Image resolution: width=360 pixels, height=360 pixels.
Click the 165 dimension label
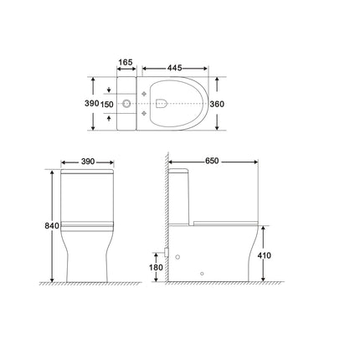click(126, 62)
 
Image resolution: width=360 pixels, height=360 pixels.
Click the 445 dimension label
click(175, 68)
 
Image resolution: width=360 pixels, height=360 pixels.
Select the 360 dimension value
click(217, 104)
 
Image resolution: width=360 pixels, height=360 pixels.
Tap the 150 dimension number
click(107, 105)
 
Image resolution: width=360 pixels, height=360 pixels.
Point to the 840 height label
click(52, 225)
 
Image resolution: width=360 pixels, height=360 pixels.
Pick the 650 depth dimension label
click(212, 161)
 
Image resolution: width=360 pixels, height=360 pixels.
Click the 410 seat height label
click(264, 255)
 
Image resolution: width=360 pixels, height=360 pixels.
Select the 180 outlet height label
click(156, 267)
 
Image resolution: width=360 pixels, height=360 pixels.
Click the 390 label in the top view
click(92, 103)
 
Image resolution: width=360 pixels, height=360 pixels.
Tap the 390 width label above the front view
click(88, 162)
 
